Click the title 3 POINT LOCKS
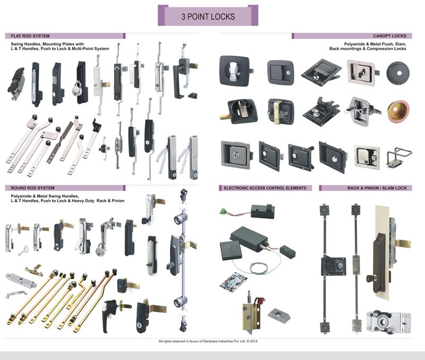click(x=208, y=16)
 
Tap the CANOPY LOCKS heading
click(x=394, y=36)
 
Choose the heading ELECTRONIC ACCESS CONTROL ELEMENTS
click(x=265, y=188)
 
